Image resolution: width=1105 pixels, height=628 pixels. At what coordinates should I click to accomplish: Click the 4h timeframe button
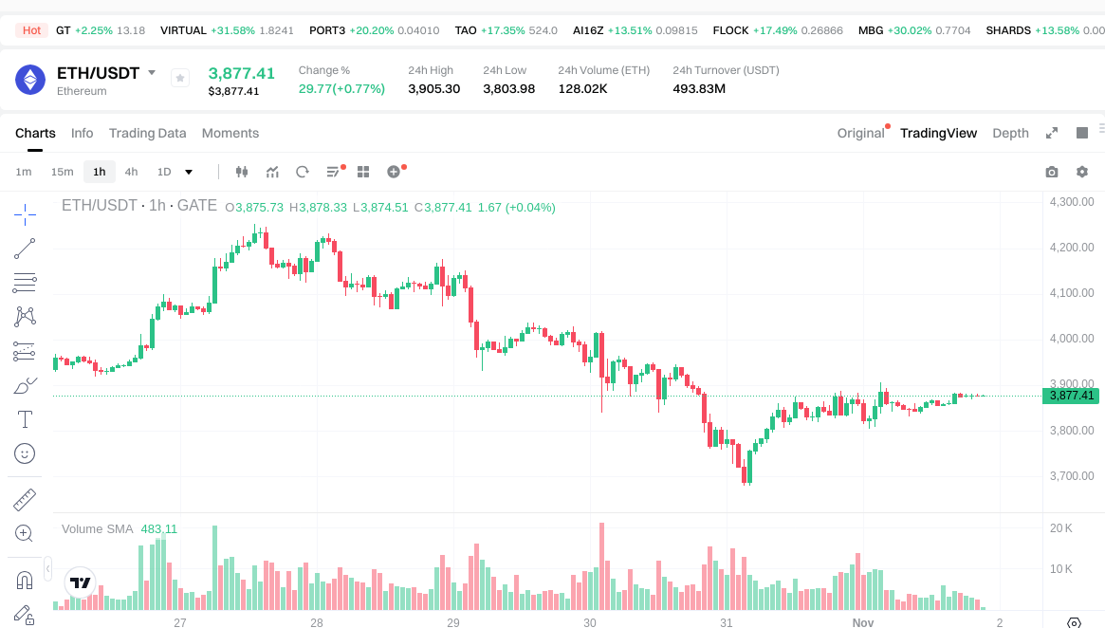(131, 172)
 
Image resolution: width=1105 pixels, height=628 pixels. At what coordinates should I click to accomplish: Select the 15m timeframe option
(62, 172)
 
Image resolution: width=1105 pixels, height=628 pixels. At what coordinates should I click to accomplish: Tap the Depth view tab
(1010, 133)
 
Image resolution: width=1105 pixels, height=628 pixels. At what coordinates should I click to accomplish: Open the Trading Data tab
(147, 133)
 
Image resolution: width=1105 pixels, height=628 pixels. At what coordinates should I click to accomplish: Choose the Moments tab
(230, 133)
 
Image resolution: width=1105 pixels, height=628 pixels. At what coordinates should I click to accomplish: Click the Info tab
(83, 133)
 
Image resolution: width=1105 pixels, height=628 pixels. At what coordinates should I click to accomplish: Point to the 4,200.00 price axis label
(1072, 248)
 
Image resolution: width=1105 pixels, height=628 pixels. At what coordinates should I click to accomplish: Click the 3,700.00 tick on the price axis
(1072, 476)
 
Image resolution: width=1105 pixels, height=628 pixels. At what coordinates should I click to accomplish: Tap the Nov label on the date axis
(862, 622)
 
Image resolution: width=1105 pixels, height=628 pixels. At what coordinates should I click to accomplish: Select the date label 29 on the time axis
(453, 622)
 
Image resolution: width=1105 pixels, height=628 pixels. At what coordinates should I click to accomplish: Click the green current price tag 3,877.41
(1071, 396)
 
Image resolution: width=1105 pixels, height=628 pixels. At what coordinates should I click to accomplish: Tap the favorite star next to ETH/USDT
(180, 79)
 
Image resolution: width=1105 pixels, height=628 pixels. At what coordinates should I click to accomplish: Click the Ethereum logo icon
(30, 80)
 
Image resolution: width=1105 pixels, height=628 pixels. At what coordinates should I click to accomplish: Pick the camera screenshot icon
(1052, 172)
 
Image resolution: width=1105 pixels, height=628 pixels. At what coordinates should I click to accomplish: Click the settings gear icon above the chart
(1082, 172)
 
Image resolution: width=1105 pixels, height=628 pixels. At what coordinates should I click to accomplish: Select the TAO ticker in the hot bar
(466, 30)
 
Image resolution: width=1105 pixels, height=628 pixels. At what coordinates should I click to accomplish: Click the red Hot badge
(31, 30)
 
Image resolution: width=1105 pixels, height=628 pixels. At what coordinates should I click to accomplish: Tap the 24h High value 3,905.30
(433, 89)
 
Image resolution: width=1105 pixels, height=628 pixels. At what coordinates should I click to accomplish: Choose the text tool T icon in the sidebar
(25, 419)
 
